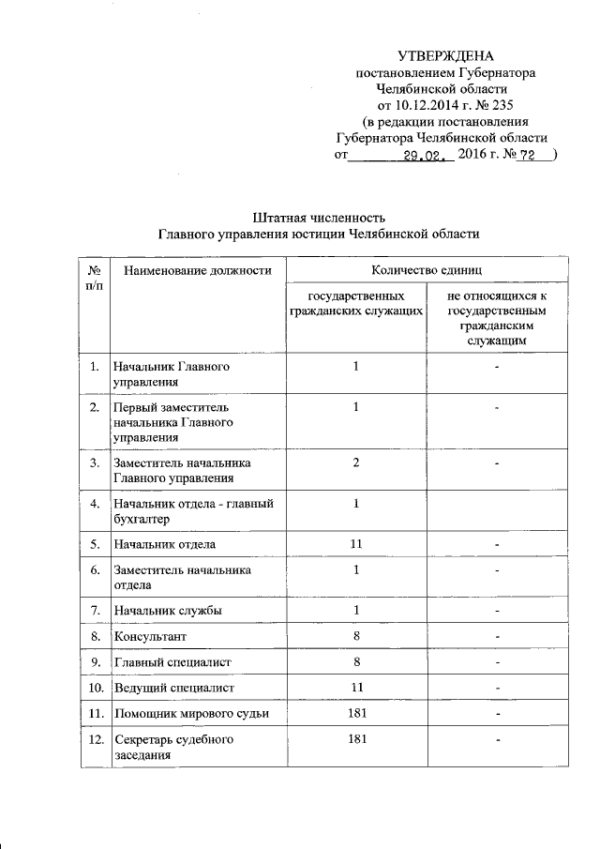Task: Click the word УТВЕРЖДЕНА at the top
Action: click(445, 57)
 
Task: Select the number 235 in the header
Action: click(499, 104)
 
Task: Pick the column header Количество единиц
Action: click(427, 270)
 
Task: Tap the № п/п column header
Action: click(95, 277)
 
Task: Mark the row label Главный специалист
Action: click(172, 663)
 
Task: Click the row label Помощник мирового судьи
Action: click(190, 714)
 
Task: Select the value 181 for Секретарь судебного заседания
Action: click(356, 740)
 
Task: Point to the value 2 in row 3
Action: click(356, 462)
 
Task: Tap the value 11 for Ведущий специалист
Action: click(356, 689)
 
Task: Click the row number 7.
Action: click(95, 612)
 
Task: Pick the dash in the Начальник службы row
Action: click(498, 613)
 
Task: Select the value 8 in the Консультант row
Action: click(356, 637)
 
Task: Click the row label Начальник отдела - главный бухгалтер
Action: click(192, 511)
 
